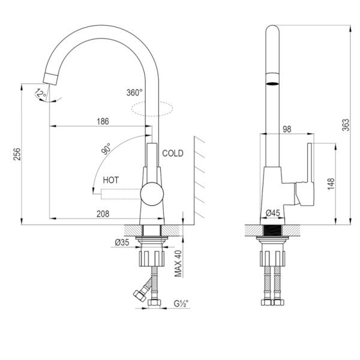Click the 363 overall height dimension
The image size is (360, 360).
[x=346, y=125]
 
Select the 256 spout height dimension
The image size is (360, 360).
[x=17, y=154]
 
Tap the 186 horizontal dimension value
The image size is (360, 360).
[x=103, y=121]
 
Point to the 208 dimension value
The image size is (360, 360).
[x=103, y=214]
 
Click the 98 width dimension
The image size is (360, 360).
[x=287, y=129]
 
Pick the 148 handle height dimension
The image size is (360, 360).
[x=331, y=184]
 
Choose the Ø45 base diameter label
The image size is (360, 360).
[x=273, y=213]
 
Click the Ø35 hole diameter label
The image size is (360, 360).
[x=122, y=242]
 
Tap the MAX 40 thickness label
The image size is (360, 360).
[x=178, y=263]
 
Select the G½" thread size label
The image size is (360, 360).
[x=181, y=304]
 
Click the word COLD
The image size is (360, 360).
[x=173, y=153]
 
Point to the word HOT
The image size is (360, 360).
[x=111, y=180]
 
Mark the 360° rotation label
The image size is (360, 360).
[x=134, y=92]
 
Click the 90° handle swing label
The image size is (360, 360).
[x=106, y=149]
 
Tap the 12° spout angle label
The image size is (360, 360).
[x=41, y=93]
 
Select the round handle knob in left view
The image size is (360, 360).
[x=152, y=194]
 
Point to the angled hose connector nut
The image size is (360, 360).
[x=140, y=296]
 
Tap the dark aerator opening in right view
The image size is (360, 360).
[x=272, y=83]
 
